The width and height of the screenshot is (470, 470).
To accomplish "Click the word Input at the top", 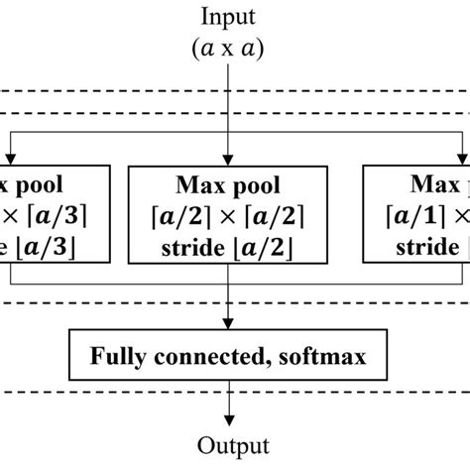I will point(230,17).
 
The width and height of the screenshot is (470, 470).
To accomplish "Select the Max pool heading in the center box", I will point(230,185).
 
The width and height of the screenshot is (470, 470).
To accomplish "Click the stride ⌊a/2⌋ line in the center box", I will point(230,243).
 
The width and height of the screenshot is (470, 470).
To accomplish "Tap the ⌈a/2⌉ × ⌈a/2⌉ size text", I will point(230,214).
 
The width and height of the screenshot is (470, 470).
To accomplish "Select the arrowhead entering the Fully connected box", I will point(230,325).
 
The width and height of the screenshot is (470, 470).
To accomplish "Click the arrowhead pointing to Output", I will point(230,417).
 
